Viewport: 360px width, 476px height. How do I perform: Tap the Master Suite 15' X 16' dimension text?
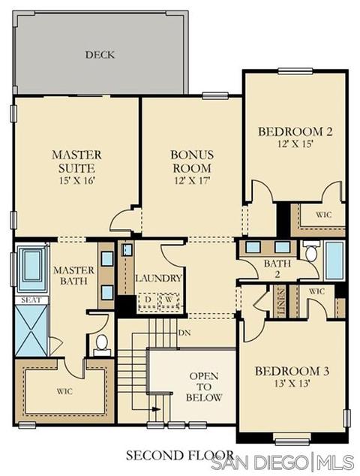tap(77, 181)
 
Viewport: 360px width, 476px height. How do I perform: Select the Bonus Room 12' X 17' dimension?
tap(192, 181)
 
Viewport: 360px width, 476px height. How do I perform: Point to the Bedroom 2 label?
tap(295, 131)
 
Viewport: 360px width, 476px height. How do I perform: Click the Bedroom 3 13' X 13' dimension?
tap(292, 384)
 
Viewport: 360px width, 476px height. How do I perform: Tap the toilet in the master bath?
tap(101, 345)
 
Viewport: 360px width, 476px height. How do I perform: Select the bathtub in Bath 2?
tap(334, 261)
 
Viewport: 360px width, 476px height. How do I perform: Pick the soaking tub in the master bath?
tap(31, 268)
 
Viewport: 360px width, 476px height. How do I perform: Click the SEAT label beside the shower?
tap(31, 300)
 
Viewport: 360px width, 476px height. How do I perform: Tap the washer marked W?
tap(169, 300)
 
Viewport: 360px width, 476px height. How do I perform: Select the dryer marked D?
tap(148, 300)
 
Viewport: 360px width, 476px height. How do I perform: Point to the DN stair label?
tap(184, 333)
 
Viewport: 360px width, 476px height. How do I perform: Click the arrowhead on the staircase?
tap(157, 409)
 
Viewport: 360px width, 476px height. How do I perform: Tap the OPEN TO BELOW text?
tap(204, 387)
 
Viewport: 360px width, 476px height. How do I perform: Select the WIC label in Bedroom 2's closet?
tap(323, 215)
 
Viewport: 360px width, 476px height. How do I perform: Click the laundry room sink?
tap(127, 249)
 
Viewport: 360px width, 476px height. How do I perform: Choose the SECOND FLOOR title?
tap(180, 456)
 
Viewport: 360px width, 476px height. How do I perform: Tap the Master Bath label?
tap(73, 276)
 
